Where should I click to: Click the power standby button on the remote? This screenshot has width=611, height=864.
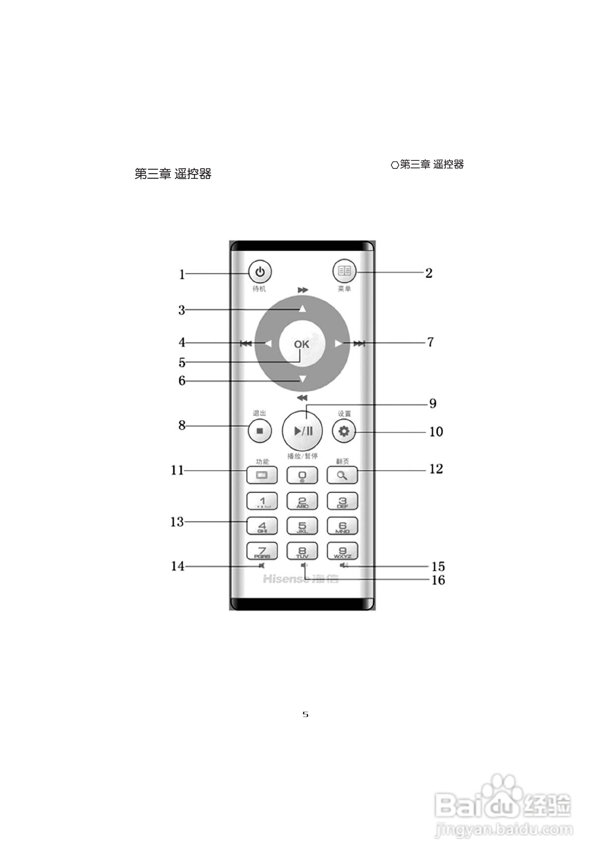click(260, 272)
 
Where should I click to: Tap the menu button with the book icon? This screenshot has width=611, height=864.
click(344, 271)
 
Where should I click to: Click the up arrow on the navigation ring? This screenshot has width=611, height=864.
click(302, 309)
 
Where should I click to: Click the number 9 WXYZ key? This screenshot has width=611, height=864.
click(342, 551)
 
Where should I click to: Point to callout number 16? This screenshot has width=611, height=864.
click(438, 580)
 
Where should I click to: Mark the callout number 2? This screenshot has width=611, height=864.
click(429, 273)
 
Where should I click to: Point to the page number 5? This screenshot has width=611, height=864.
click(305, 715)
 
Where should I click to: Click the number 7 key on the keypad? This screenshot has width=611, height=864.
click(262, 551)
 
